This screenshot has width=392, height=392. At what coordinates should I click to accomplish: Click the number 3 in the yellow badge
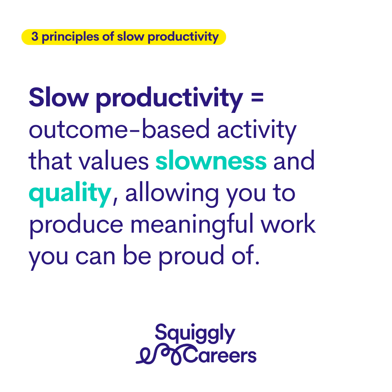tap(35, 37)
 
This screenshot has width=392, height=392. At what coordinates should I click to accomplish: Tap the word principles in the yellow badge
tap(70, 37)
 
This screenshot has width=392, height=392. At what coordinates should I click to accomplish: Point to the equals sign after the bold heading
tap(257, 97)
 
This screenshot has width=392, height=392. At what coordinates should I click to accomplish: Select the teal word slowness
tap(211, 160)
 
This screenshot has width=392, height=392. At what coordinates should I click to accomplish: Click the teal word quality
tap(70, 194)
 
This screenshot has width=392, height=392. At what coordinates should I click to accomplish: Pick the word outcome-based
tap(119, 129)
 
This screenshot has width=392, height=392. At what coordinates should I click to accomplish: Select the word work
tap(288, 224)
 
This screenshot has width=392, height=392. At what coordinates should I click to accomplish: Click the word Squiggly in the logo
tap(195, 333)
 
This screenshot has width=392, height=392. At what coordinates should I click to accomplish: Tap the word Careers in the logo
tap(220, 355)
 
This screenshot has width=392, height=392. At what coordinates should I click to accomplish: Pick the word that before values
tap(50, 160)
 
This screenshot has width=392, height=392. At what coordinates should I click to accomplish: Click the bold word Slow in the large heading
tap(59, 97)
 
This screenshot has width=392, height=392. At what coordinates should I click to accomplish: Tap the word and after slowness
tap(294, 160)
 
